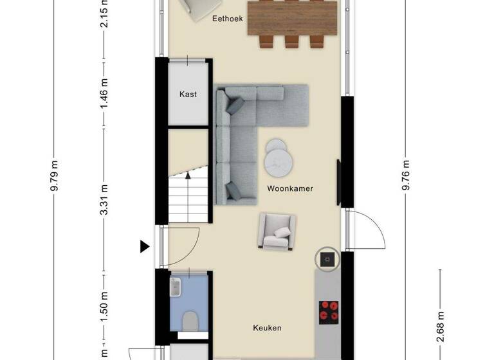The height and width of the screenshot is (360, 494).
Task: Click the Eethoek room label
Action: (x=228, y=19)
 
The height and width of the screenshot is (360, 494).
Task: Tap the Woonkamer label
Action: (x=289, y=188)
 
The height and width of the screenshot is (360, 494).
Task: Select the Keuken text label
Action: (x=266, y=328)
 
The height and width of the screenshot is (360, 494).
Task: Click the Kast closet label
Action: (x=188, y=94)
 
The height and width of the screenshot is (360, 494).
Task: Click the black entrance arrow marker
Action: (x=145, y=246)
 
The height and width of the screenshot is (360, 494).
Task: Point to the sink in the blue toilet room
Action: (x=175, y=287)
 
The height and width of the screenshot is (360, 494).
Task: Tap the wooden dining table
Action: (x=293, y=19)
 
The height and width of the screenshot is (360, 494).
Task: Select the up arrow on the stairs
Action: (x=188, y=174)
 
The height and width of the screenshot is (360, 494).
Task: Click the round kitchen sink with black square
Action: (x=327, y=259)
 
